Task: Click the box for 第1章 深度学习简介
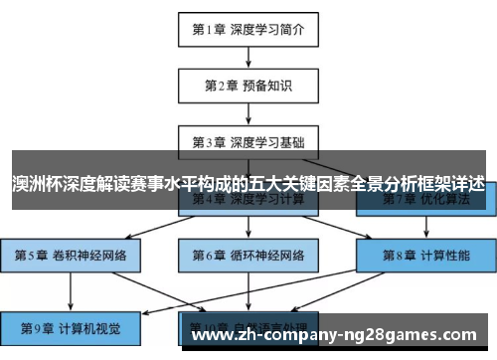[x=248, y=29]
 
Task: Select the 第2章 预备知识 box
[x=248, y=86]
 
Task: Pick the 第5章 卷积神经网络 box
[x=71, y=255]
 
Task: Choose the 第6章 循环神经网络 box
[x=248, y=255]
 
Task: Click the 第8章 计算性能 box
[x=425, y=255]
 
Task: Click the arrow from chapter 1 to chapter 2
[x=248, y=57]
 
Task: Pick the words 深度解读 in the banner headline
[x=97, y=186]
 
